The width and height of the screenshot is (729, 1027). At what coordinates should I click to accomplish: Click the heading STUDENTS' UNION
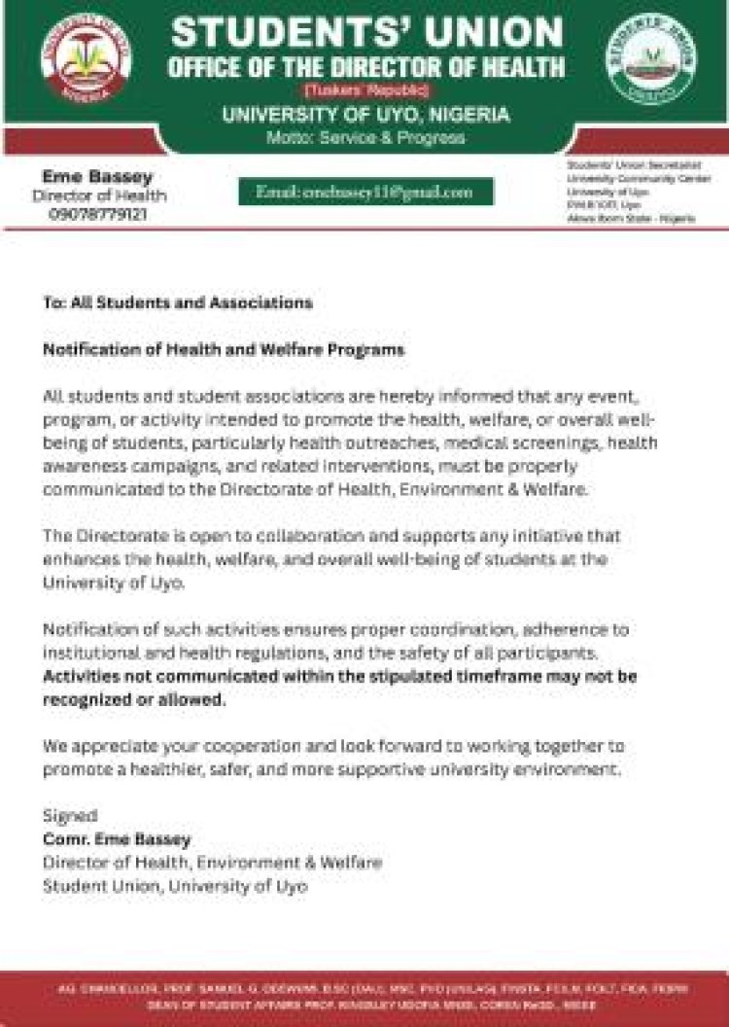point(367,32)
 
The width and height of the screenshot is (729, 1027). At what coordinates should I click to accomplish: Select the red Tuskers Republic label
point(365,90)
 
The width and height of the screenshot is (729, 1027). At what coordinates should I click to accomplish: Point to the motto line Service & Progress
point(365,138)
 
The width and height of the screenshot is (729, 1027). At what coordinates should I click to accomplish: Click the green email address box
point(365,193)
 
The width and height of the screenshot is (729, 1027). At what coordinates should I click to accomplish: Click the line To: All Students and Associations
point(177,302)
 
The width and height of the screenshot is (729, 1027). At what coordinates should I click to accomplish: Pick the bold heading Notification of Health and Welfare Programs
point(223,349)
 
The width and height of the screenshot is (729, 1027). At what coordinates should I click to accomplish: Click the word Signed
point(70,815)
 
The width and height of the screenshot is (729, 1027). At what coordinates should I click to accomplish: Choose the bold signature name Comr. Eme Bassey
point(117,839)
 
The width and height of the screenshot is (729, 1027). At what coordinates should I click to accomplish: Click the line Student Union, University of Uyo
point(175,886)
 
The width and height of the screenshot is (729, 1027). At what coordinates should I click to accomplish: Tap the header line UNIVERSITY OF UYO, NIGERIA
point(365,115)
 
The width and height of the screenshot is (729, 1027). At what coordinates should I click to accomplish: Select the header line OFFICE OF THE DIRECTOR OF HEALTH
point(365,67)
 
